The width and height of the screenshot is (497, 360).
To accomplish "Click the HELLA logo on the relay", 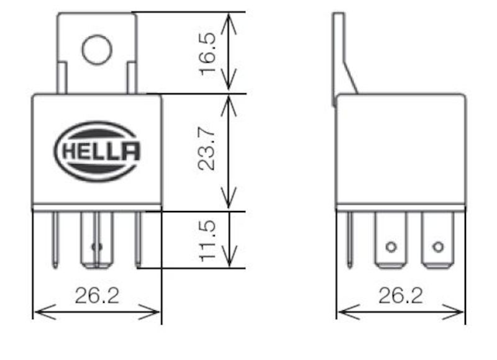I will point(98,151).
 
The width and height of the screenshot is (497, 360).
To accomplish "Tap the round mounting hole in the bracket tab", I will point(96,50).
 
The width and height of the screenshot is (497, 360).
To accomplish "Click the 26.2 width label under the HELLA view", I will point(97,295).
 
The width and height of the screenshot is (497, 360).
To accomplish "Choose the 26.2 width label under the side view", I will point(400,295).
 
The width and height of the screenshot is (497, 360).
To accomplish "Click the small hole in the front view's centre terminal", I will point(96,247).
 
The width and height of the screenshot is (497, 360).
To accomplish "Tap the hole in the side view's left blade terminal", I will point(390,247).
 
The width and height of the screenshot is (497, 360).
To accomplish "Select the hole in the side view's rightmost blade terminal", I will point(438,247).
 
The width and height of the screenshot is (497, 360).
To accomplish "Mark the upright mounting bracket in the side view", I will point(339,56).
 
